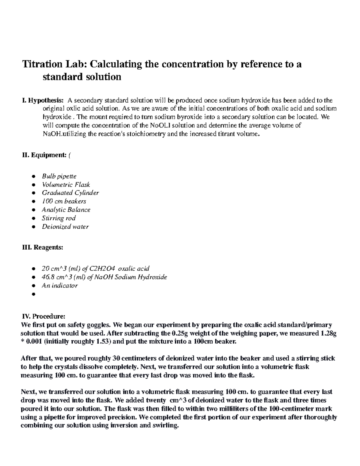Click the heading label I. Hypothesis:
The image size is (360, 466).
(43, 100)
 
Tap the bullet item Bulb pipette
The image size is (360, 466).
(59, 176)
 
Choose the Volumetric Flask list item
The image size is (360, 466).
(66, 185)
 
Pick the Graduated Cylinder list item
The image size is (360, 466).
(70, 193)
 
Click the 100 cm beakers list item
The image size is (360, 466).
(64, 201)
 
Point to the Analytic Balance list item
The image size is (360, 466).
(66, 210)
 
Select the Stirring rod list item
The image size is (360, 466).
(58, 218)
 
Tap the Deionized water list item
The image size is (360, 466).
(65, 227)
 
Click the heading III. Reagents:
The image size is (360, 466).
(42, 248)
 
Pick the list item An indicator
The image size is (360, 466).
(59, 285)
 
